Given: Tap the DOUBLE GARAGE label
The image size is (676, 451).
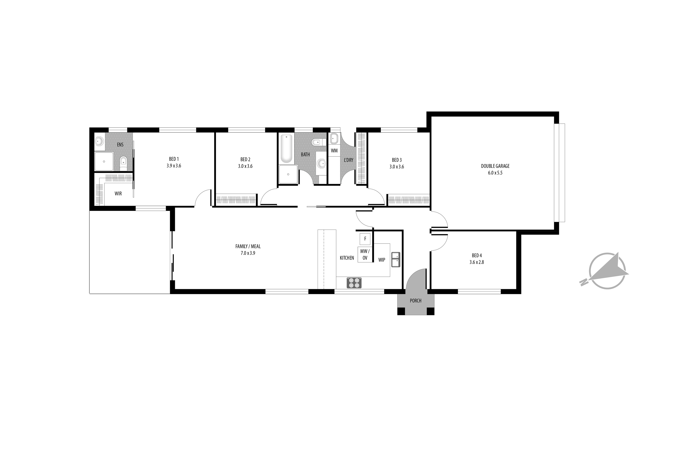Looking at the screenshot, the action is pos(495,166).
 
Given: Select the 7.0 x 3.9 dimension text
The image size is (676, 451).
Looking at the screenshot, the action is pos(248,253).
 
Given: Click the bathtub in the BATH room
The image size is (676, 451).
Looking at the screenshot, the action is pos(286,148).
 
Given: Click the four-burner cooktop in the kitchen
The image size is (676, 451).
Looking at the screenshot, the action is pos(354,283).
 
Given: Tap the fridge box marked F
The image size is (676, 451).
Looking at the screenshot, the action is pos(365,239).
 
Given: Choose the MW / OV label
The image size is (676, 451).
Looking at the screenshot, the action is pos(365,255).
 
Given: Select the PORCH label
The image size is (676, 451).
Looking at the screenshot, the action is pos(416,301).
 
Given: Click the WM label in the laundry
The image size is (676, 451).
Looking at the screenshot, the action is pos(334,151).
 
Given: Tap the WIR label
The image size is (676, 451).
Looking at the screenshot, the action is pos(118,194).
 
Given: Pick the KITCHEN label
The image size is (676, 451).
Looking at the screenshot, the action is pos(347,258).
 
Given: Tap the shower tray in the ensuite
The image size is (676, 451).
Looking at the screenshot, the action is pos(104,161).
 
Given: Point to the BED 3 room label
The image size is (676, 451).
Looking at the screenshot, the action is pos(397,160).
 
